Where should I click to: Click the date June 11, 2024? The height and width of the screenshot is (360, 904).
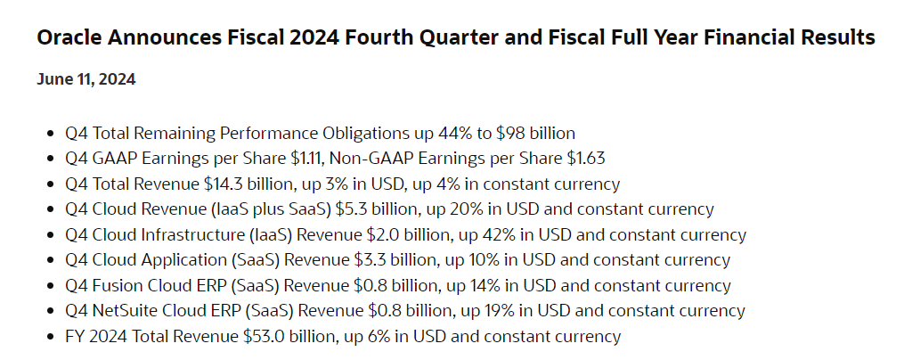86,80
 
